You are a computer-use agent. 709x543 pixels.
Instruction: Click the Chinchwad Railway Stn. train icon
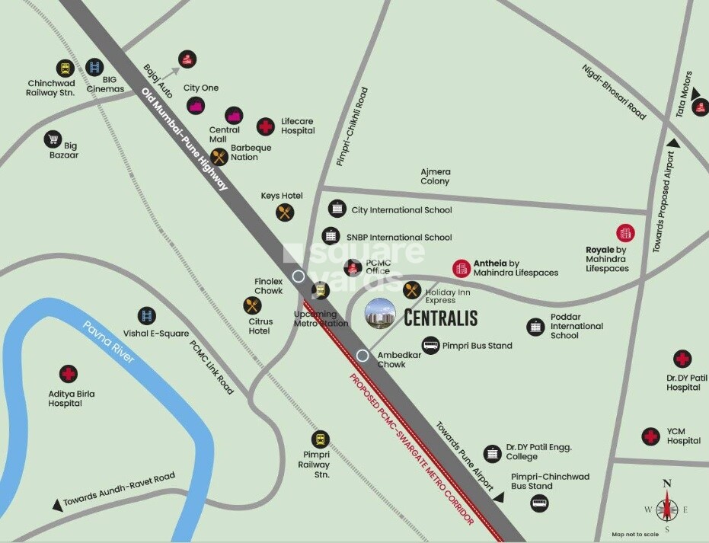tap(63, 67)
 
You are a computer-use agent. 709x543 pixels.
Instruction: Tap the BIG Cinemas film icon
tap(94, 68)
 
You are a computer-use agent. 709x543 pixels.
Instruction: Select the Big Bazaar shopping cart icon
tap(53, 139)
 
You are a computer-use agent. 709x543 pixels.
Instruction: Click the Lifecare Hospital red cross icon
tap(265, 126)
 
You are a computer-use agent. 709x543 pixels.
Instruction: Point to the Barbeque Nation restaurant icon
tap(219, 157)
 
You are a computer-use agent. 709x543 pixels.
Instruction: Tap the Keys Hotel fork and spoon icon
tap(285, 212)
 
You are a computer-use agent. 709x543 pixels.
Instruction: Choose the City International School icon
tap(337, 209)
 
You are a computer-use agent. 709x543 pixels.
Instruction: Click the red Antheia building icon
tap(461, 267)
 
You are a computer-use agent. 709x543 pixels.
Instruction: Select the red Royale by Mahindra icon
tap(625, 233)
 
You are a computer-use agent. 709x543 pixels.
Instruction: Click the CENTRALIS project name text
tap(440, 316)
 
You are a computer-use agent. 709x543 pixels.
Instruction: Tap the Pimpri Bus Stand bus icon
tap(431, 345)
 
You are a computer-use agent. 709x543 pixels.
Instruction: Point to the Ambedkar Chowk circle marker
tap(363, 355)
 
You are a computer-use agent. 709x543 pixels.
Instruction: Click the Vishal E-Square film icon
tap(146, 315)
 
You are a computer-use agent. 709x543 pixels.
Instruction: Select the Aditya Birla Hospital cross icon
tap(69, 374)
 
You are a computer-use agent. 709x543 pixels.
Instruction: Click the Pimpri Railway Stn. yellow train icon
tap(321, 439)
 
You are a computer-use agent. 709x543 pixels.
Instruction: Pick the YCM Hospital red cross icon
tap(650, 436)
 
